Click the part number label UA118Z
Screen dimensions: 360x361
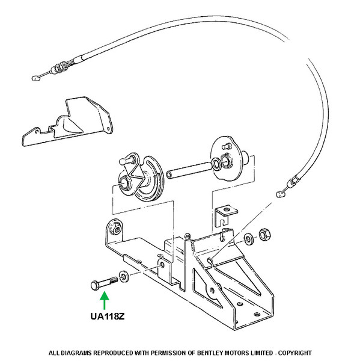tap(108, 316)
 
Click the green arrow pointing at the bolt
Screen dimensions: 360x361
tap(105, 300)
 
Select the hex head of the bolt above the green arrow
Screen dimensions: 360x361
tap(94, 285)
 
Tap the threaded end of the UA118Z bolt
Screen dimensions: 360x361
tap(114, 280)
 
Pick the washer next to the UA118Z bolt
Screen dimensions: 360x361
tap(124, 277)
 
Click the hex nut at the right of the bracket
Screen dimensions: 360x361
tap(264, 235)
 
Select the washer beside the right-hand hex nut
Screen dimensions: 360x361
tap(249, 239)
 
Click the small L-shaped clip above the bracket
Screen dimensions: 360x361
tap(225, 215)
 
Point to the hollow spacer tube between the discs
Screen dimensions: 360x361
tap(191, 170)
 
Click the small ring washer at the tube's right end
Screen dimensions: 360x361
tap(216, 163)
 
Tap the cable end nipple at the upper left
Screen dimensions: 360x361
tap(35, 78)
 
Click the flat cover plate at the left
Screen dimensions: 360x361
tap(67, 122)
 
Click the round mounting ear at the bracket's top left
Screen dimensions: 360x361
tap(114, 228)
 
